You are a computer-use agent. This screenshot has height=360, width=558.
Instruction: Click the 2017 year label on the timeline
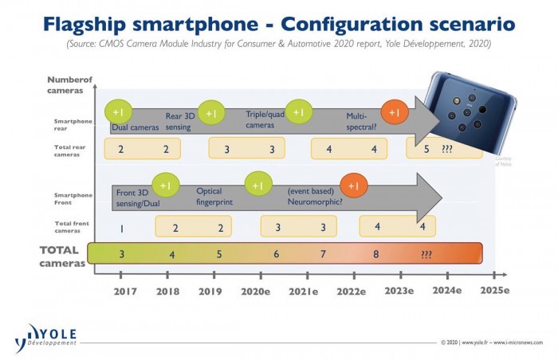point(124,292)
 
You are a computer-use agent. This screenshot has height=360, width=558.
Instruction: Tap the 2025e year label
point(494,292)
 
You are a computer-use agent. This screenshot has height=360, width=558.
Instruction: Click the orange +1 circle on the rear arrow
point(394,113)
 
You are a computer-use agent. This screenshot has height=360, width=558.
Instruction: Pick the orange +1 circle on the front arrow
point(354,185)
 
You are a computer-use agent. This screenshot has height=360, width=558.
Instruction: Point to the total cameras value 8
point(375,254)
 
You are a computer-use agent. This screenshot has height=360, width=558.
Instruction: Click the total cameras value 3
point(121,254)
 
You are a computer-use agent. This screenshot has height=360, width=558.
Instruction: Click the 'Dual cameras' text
point(135,125)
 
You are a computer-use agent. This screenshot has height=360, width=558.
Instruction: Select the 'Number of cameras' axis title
point(69,84)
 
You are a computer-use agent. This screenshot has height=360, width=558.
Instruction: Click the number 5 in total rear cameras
point(426,149)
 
